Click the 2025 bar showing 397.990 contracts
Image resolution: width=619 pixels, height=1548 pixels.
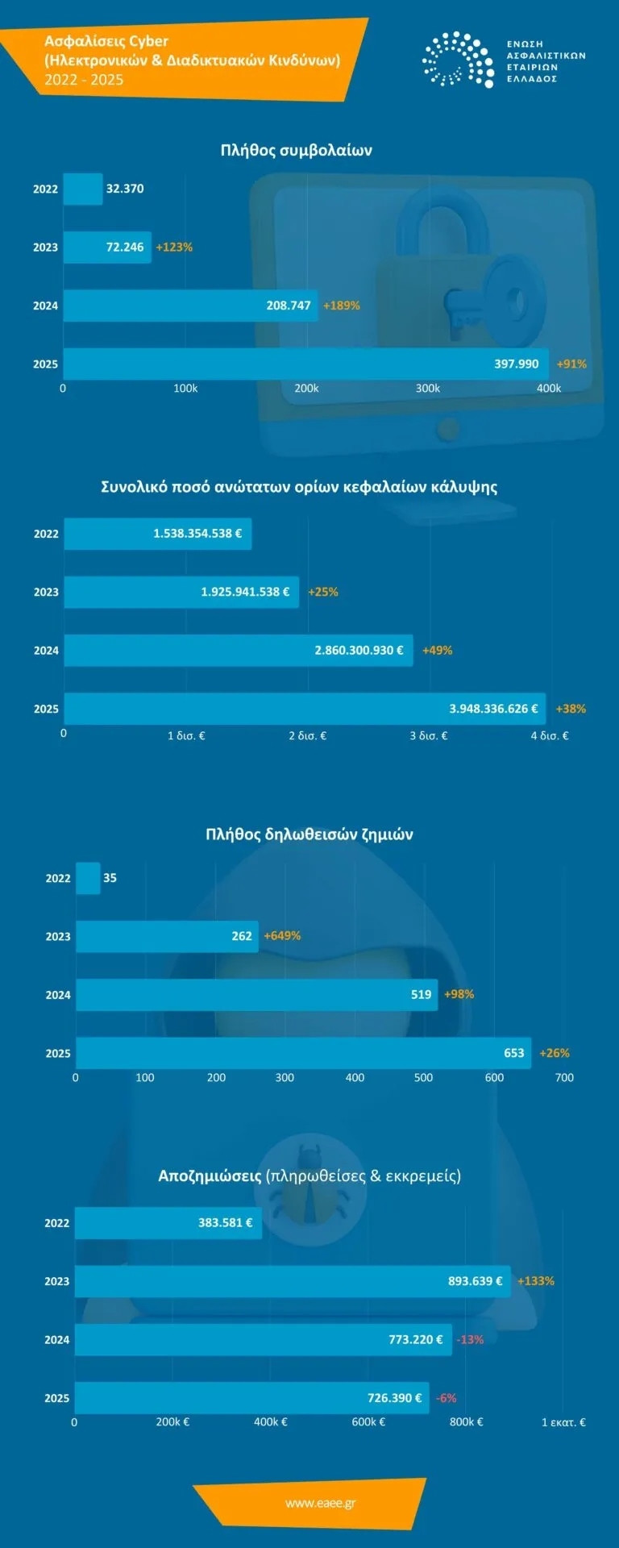tap(305, 364)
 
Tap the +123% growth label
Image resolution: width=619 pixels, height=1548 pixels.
tap(174, 248)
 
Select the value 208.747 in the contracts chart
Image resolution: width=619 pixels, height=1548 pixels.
tap(289, 306)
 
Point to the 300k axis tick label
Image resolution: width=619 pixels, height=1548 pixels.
tap(427, 389)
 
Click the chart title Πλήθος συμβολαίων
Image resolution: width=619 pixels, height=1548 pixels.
tap(296, 151)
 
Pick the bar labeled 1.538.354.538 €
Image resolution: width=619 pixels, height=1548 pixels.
tap(158, 534)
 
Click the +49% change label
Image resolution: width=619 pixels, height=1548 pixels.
tap(437, 651)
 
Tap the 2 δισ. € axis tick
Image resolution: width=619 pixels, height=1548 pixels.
tap(307, 736)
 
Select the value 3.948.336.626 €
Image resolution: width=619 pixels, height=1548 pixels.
tap(493, 709)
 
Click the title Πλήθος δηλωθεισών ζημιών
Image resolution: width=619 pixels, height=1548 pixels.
tap(309, 834)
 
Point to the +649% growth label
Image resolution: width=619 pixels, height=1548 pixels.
tap(282, 936)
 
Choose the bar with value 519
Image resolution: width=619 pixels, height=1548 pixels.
tap(256, 995)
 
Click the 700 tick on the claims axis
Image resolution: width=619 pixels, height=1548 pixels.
tap(564, 1078)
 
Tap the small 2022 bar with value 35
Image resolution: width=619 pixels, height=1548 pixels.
tap(88, 878)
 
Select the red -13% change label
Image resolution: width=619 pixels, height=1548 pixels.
tap(470, 1340)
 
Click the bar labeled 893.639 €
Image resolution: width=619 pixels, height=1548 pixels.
tap(292, 1281)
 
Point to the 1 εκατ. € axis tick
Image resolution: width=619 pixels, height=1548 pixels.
tap(563, 1422)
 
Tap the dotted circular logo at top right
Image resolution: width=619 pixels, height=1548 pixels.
tap(458, 60)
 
